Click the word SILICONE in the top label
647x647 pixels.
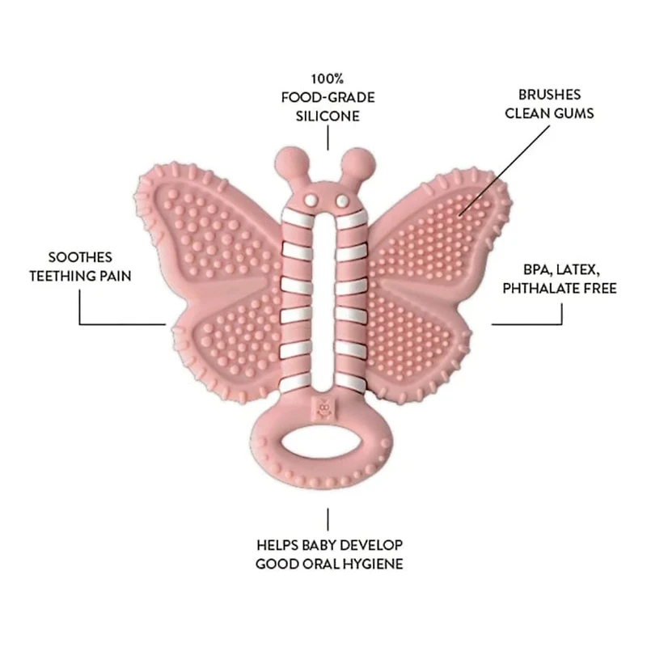point(328,116)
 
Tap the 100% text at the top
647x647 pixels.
point(328,79)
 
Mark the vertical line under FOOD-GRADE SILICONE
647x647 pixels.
point(328,138)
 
